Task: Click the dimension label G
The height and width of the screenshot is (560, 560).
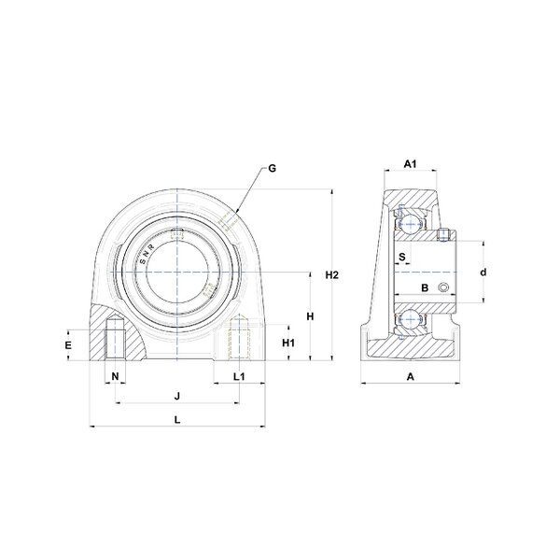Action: pyautogui.click(x=273, y=168)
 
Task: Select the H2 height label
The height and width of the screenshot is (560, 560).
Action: pyautogui.click(x=331, y=275)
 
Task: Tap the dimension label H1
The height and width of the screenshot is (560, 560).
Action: pyautogui.click(x=288, y=343)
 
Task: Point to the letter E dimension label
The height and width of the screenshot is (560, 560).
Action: pyautogui.click(x=68, y=345)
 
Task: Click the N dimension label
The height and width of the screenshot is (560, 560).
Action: pyautogui.click(x=115, y=376)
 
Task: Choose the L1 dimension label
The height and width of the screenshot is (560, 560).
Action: pyautogui.click(x=239, y=376)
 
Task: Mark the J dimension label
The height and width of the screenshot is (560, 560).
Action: pyautogui.click(x=176, y=396)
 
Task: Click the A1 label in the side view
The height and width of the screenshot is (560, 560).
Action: pyautogui.click(x=410, y=164)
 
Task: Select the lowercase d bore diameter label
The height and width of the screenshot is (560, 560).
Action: pyautogui.click(x=483, y=273)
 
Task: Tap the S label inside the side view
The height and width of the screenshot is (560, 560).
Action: pyautogui.click(x=402, y=257)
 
